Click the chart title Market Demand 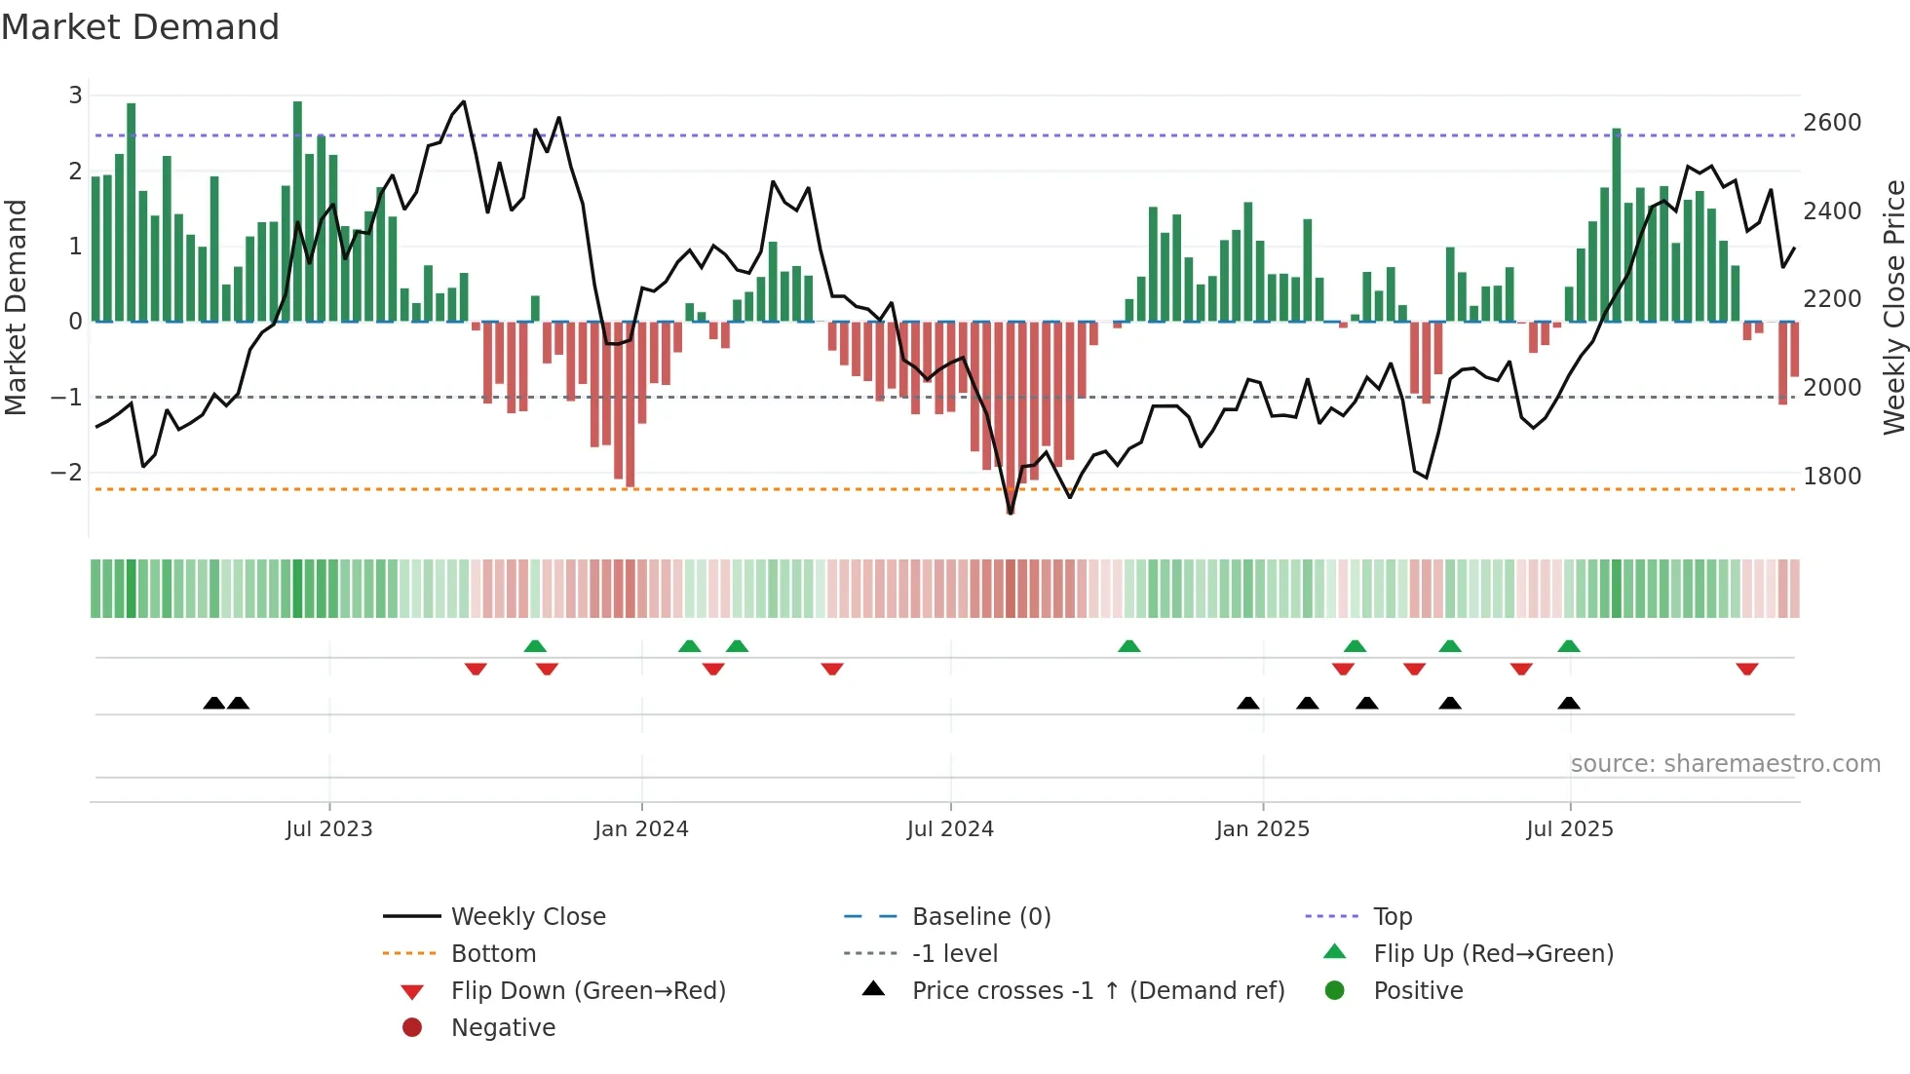click(x=140, y=27)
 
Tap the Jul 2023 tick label click(x=328, y=829)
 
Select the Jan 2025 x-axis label click(x=1262, y=829)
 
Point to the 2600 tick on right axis click(x=1831, y=123)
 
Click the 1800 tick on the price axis click(x=1831, y=477)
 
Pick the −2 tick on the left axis click(x=66, y=473)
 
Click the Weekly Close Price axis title click(x=1892, y=307)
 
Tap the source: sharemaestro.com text click(x=1725, y=764)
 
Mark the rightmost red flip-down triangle click(x=1746, y=669)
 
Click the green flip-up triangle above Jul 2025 click(x=1568, y=646)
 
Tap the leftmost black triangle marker click(x=213, y=703)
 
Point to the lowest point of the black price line click(x=1011, y=514)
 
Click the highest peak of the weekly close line click(x=463, y=101)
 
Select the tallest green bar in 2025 click(x=1616, y=224)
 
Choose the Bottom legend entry click(x=492, y=954)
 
